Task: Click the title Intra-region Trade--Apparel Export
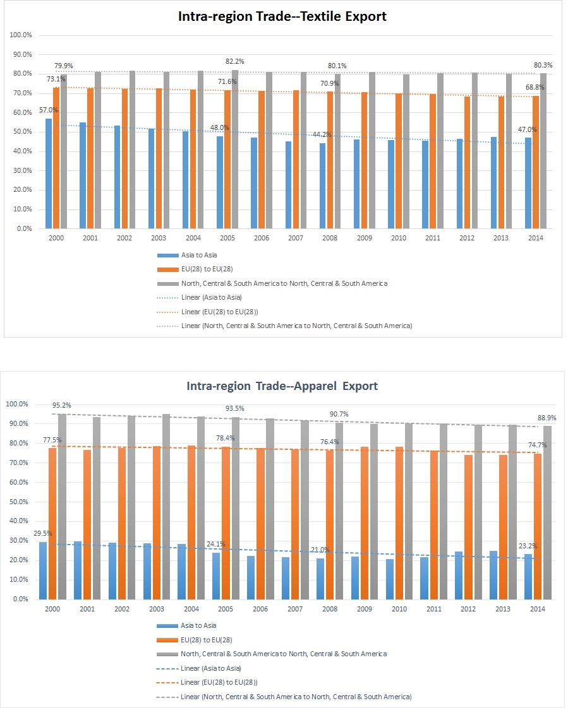pyautogui.click(x=282, y=386)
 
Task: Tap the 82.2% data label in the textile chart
pyautogui.click(x=234, y=61)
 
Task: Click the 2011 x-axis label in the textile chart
pyautogui.click(x=433, y=239)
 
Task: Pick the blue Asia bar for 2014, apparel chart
pyautogui.click(x=528, y=577)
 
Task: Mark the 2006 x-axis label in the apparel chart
pyautogui.click(x=260, y=609)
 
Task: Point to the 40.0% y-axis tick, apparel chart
pyautogui.click(x=18, y=521)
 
